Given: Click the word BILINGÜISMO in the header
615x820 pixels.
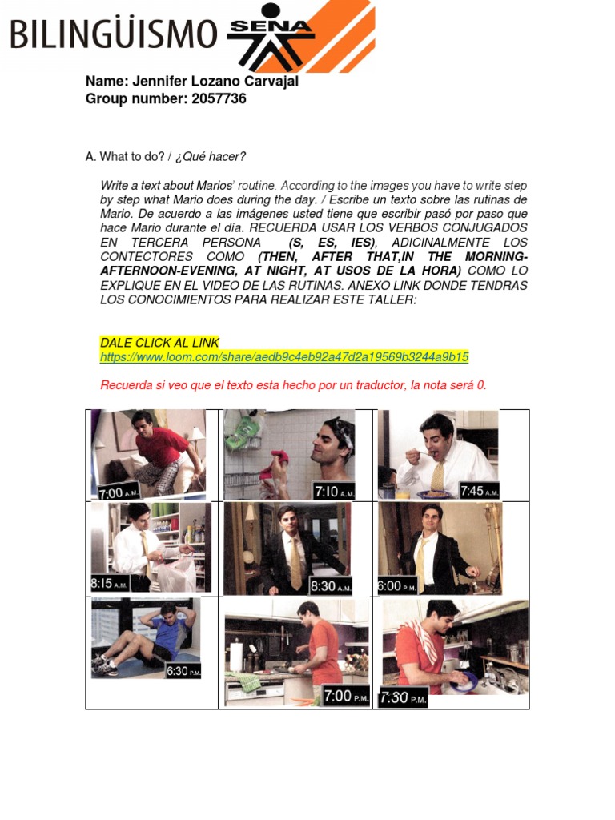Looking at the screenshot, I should coord(113,36).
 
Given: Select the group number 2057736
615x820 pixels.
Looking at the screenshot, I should coord(219,99).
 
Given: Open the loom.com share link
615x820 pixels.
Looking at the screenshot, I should coord(284,357).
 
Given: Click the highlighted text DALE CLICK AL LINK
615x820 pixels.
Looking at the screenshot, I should coord(159,343).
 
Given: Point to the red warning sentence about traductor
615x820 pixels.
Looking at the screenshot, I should coord(293,385).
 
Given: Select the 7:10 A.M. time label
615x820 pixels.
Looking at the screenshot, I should coord(332,491).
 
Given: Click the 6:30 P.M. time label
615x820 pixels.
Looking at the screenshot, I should coord(183,671).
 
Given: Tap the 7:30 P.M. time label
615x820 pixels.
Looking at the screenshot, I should coord(404,698).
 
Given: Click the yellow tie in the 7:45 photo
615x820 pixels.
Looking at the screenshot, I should coord(438,475).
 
